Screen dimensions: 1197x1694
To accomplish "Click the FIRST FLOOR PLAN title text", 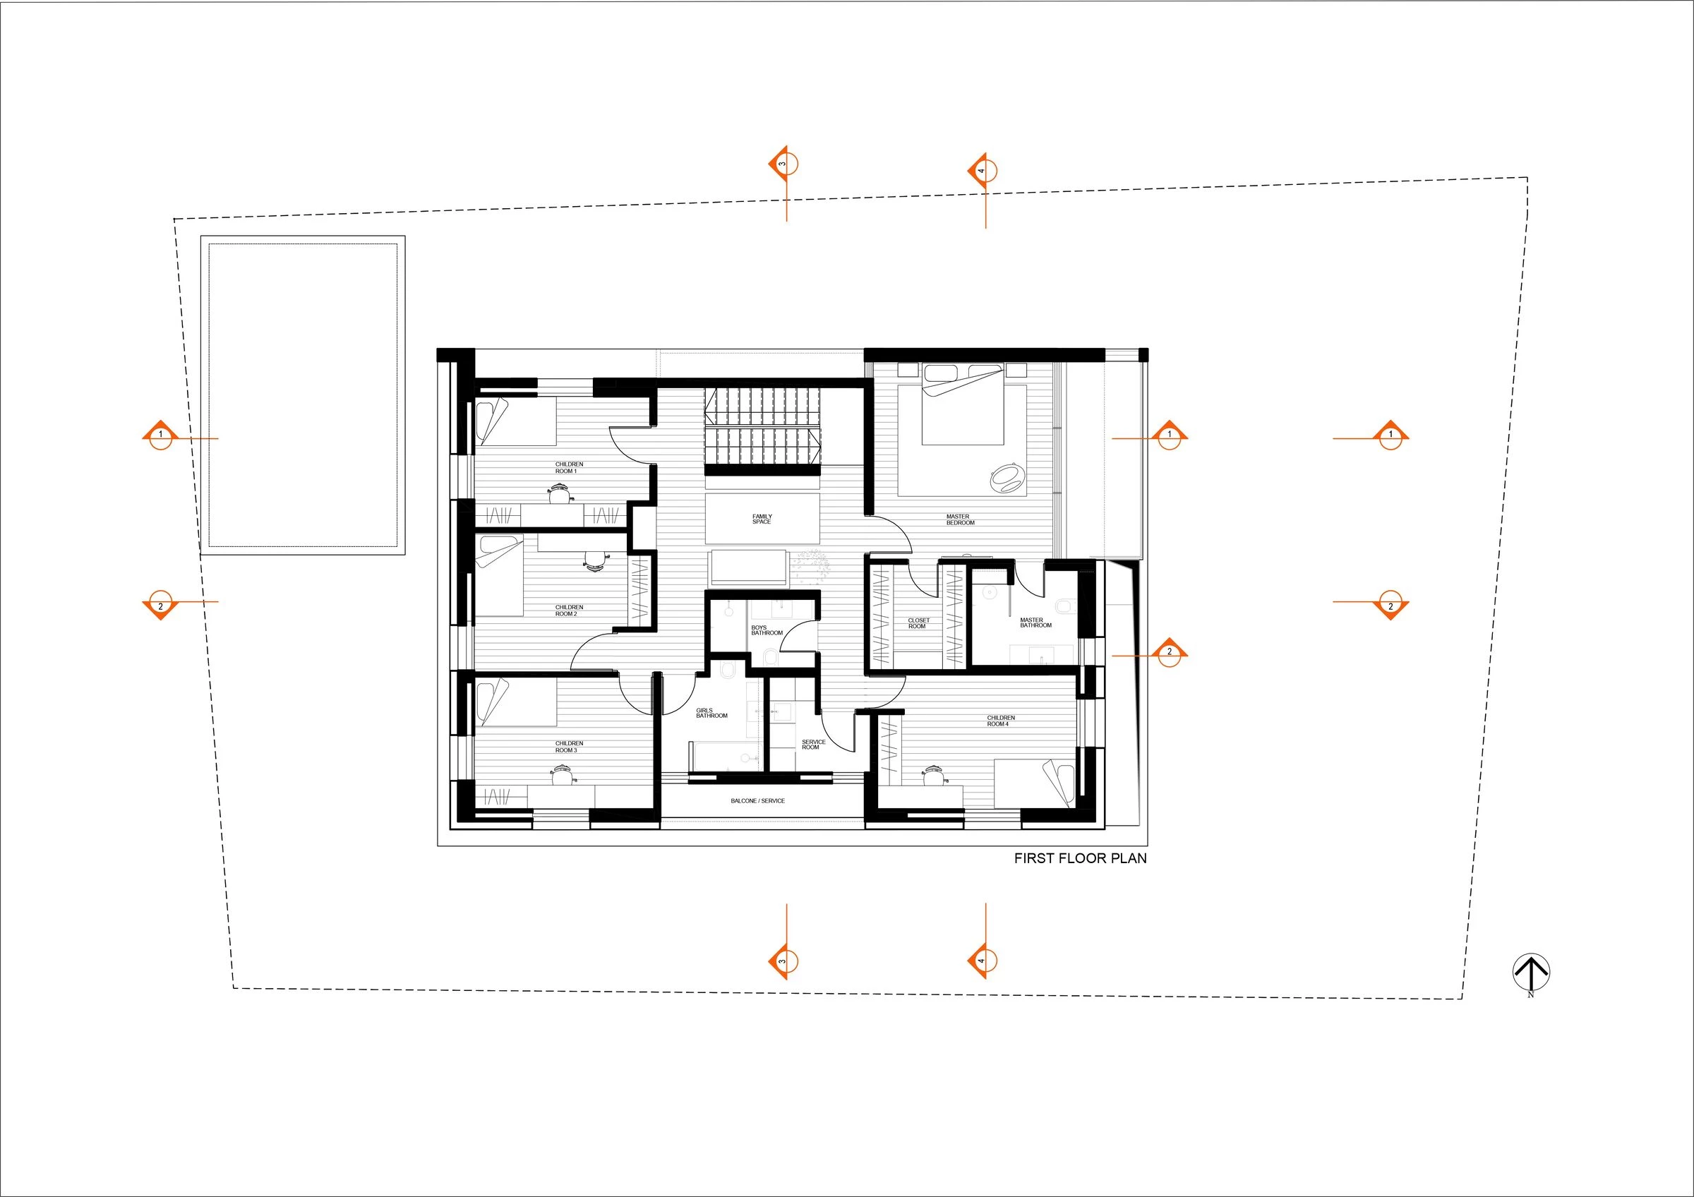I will click(x=1080, y=858).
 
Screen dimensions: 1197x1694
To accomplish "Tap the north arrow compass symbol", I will click(x=1531, y=971).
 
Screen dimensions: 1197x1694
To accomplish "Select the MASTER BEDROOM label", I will click(x=960, y=520).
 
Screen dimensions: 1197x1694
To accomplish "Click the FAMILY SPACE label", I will click(x=762, y=519).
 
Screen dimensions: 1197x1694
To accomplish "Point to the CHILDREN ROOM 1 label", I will click(x=568, y=468).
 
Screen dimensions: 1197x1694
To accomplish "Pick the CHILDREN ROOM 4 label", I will click(x=1000, y=721).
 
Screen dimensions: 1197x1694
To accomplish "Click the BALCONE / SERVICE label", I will click(x=758, y=800).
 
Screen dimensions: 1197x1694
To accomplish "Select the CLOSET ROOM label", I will click(x=918, y=623).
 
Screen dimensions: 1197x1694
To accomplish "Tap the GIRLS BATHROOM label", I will click(x=711, y=713).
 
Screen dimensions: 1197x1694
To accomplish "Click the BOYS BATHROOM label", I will click(x=766, y=630).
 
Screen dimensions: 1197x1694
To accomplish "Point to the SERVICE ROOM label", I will click(x=812, y=745).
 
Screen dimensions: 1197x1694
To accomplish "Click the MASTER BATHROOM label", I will click(x=1035, y=622).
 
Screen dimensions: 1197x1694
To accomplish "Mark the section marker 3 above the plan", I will click(x=783, y=164).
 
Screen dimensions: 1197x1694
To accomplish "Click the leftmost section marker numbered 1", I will click(x=160, y=435).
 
